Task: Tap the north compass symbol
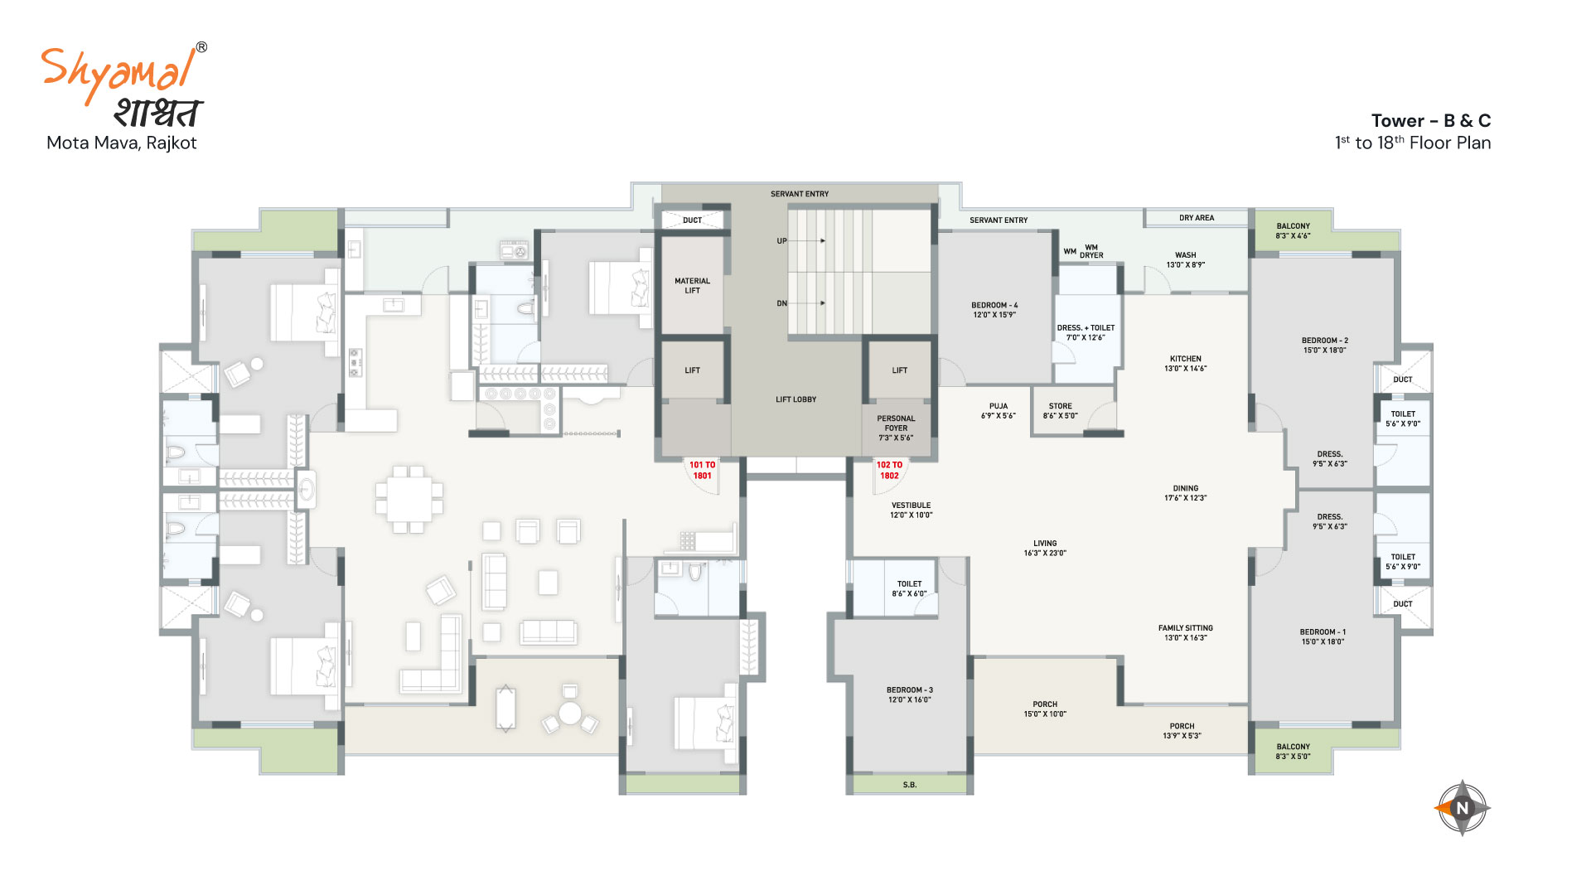tap(1463, 808)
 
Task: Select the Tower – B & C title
tap(1430, 121)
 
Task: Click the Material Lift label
tap(693, 286)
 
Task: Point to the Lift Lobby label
tap(796, 399)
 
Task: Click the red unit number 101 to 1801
tap(702, 471)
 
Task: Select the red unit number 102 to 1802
tap(889, 471)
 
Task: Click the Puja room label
tap(999, 411)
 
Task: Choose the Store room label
tap(1061, 411)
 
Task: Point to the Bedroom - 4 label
tap(994, 310)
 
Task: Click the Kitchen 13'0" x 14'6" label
tap(1186, 364)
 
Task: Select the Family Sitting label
tap(1186, 633)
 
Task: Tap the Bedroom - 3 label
tap(910, 694)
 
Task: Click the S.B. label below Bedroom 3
tap(910, 785)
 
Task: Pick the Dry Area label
tap(1197, 218)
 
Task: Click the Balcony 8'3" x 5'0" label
tap(1294, 752)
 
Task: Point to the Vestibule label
tap(912, 510)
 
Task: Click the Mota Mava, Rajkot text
tap(122, 143)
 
